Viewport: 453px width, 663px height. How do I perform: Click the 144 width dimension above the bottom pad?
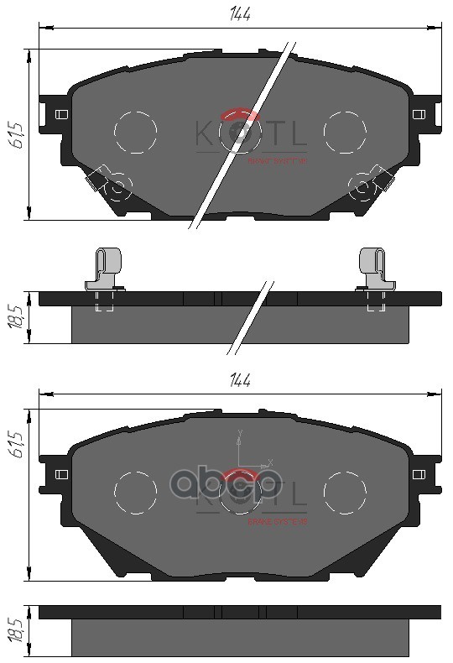[x=241, y=379]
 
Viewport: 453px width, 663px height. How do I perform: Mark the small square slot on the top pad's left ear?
[x=60, y=115]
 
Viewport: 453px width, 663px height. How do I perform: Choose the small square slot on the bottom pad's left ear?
[x=60, y=474]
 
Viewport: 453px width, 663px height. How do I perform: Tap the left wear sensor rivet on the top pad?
[x=117, y=186]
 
